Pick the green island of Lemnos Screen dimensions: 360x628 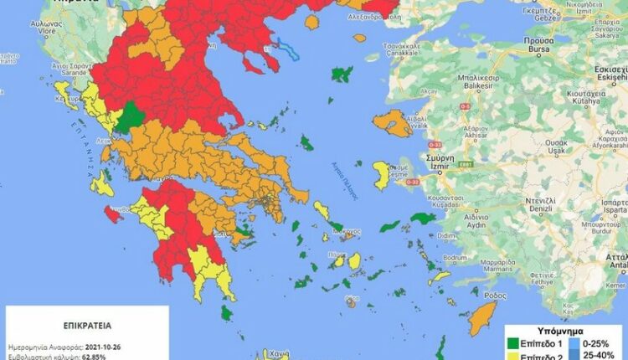341,75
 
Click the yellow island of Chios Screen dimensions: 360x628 381,175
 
